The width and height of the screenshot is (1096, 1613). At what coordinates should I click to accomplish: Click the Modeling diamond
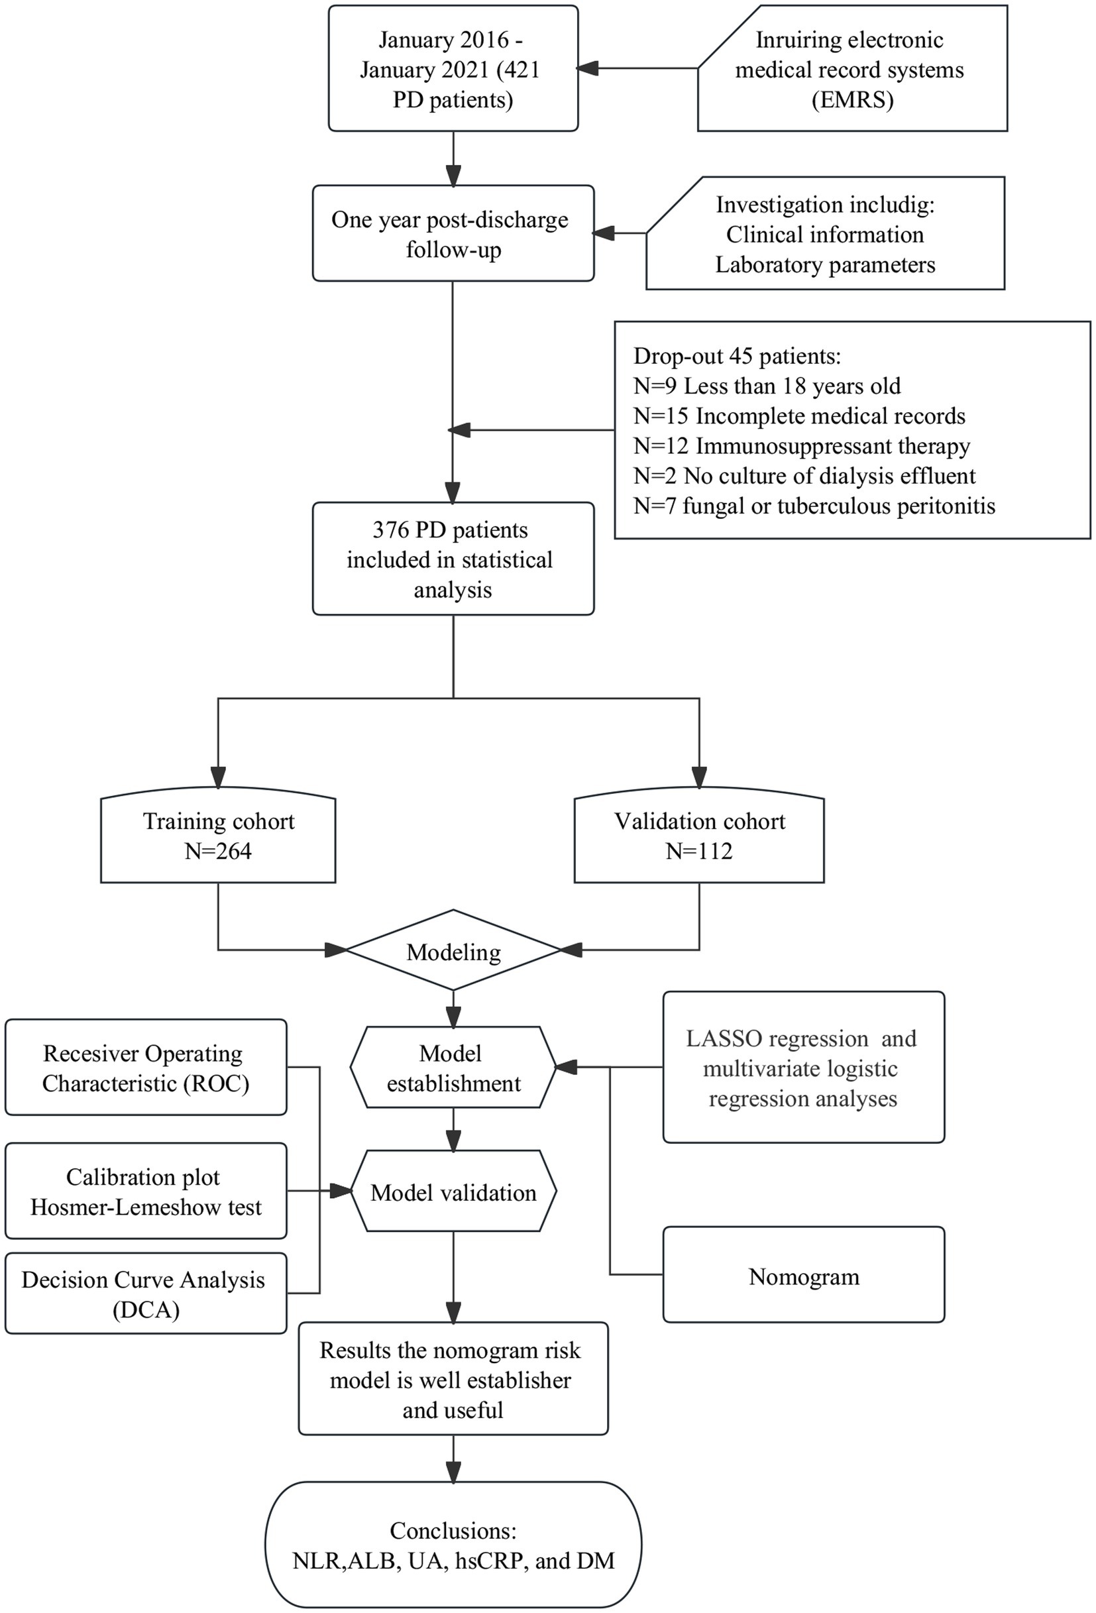click(x=453, y=950)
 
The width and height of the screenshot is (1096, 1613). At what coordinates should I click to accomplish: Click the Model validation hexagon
click(x=453, y=1192)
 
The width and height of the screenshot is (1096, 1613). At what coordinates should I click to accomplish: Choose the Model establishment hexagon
click(x=453, y=1068)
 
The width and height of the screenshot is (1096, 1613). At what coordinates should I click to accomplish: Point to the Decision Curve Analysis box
click(x=146, y=1293)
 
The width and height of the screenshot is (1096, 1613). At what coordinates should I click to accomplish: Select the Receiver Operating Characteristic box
click(x=146, y=1068)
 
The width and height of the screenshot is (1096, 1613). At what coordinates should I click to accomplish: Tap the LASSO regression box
click(x=804, y=1068)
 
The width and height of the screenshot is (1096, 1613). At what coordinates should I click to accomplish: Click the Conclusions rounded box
click(x=453, y=1545)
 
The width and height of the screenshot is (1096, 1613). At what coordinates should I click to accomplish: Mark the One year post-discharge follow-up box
click(x=453, y=233)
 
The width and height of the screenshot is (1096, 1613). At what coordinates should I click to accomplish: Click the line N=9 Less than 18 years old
click(x=767, y=386)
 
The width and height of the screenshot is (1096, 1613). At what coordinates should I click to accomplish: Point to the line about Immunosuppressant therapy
click(x=802, y=445)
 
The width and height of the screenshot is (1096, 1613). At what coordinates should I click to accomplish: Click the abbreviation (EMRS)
click(x=852, y=100)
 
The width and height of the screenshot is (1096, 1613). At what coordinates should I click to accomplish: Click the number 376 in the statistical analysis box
click(x=391, y=530)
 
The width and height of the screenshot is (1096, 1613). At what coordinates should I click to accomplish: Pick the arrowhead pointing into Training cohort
click(x=218, y=777)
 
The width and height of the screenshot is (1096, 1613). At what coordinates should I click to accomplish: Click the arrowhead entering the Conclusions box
click(x=453, y=1471)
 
